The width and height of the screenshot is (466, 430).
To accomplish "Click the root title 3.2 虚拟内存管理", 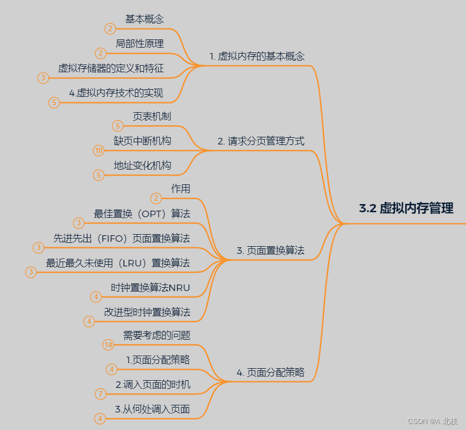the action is (406, 208).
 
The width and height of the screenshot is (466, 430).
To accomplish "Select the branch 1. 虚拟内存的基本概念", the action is (257, 56).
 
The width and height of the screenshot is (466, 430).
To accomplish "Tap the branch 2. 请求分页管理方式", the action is (261, 141).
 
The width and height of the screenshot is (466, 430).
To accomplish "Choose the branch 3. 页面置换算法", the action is (270, 251).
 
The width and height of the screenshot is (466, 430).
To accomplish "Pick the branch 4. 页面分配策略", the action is (270, 373).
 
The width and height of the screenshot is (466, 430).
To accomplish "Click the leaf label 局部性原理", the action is (139, 43).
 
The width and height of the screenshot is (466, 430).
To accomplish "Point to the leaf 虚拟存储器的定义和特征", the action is (111, 68).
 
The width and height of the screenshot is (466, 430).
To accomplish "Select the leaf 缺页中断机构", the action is (142, 141).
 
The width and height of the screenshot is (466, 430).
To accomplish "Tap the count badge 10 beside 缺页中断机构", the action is (98, 150).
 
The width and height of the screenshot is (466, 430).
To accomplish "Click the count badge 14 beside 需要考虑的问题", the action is (108, 345).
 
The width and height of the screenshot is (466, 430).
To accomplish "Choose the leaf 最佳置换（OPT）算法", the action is (142, 214).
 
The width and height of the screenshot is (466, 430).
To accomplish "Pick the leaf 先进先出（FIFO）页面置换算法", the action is (121, 238).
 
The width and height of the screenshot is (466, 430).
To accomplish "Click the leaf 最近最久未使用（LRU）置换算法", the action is (118, 263).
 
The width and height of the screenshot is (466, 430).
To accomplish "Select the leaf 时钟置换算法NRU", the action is (150, 287).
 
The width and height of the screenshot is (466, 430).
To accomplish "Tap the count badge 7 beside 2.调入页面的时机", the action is (100, 394).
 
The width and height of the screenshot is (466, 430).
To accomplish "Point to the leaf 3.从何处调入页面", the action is (152, 409).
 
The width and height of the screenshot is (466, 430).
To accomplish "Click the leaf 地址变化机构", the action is (142, 165).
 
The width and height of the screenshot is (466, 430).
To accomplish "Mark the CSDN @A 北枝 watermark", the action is (432, 421).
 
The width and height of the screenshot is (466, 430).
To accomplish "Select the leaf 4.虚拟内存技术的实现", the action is (116, 93).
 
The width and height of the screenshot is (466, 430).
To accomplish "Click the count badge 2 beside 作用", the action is (156, 198).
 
